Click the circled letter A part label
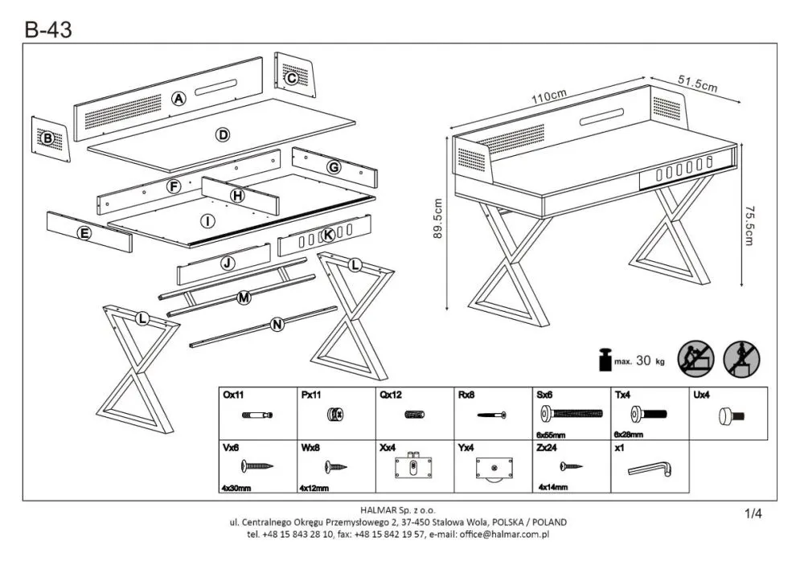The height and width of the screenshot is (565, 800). (x=178, y=99)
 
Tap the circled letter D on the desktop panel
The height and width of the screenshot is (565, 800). (x=223, y=134)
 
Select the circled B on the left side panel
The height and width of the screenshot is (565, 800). (x=47, y=138)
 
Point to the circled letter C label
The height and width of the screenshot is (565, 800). (x=292, y=78)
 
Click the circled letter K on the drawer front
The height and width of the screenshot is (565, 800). (x=327, y=235)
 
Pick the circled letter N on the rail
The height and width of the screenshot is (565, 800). (x=277, y=325)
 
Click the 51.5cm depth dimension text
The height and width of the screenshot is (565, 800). (x=697, y=84)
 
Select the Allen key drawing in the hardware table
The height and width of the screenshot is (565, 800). (x=652, y=468)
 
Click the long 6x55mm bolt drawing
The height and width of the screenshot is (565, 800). (x=572, y=413)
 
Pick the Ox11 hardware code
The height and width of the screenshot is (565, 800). (x=232, y=395)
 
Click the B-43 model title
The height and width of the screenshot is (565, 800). (x=47, y=30)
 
